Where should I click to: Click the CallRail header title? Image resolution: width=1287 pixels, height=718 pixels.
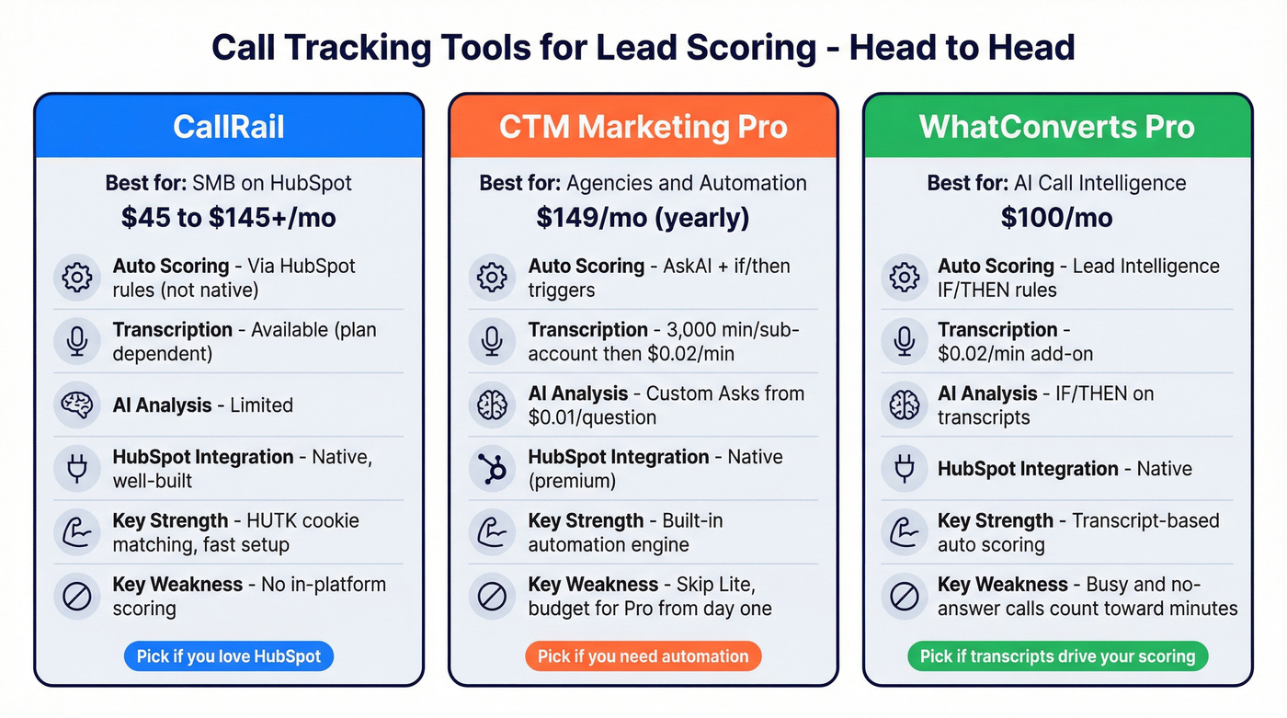click(229, 126)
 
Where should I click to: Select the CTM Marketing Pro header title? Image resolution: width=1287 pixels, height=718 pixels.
click(643, 126)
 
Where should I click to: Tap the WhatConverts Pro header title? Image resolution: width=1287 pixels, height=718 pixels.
click(1057, 126)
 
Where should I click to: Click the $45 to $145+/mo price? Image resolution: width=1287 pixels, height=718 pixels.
click(229, 217)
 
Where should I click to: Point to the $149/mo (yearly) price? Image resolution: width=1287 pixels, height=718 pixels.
click(643, 217)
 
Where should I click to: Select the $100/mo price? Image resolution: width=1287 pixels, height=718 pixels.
click(1057, 217)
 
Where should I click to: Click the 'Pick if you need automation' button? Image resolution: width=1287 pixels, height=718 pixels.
click(643, 656)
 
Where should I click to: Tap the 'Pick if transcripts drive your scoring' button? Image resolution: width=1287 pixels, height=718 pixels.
click(1057, 656)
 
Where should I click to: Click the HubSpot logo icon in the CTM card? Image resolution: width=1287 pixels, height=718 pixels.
click(492, 469)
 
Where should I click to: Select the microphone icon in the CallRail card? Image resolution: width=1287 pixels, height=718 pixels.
click(77, 341)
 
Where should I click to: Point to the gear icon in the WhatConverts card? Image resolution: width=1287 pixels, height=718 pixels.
click(905, 278)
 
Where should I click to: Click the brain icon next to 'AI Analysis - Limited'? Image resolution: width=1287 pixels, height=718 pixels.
click(77, 405)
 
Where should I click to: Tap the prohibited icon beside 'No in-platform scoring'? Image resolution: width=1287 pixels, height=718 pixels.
click(77, 596)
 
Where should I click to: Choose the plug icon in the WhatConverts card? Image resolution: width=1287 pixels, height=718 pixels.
click(905, 469)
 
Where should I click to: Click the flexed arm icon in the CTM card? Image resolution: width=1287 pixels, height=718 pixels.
click(492, 532)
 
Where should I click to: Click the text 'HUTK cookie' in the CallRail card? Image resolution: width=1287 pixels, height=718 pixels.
click(302, 520)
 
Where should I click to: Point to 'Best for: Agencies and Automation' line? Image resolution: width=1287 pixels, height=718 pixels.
click(643, 183)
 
